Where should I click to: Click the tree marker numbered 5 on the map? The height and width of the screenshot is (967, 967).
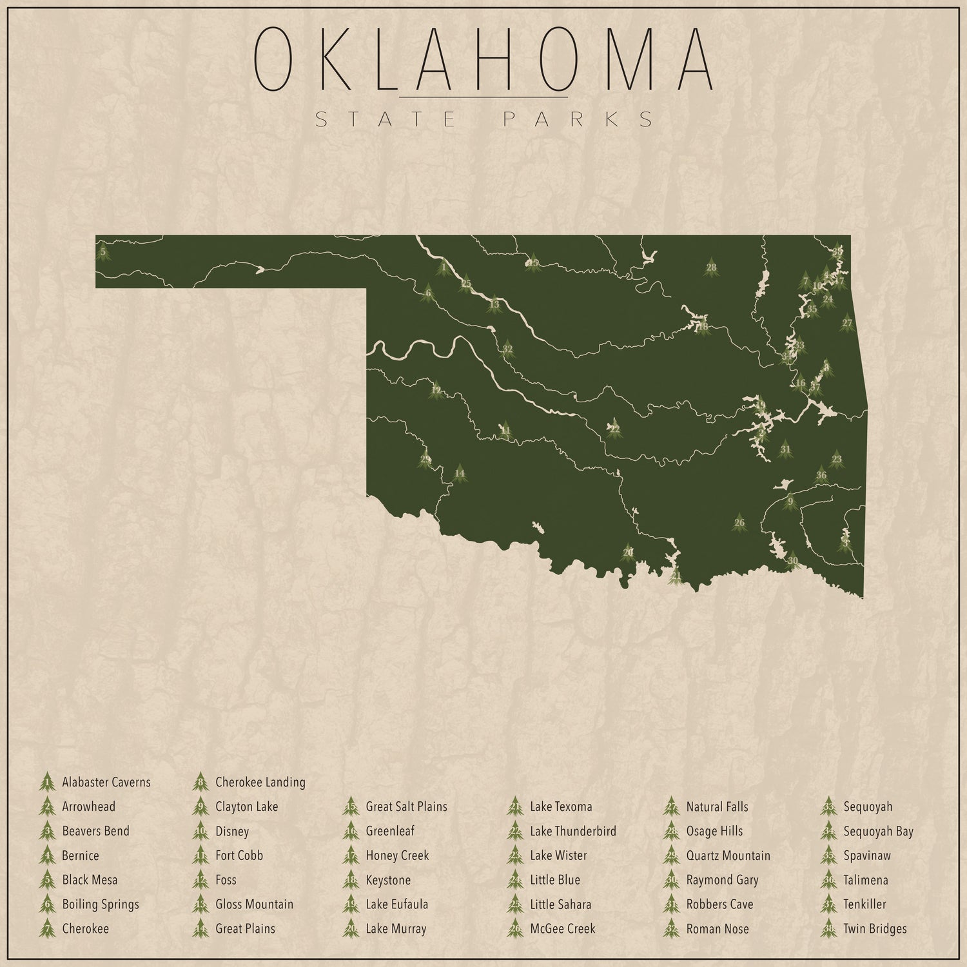click(x=103, y=251)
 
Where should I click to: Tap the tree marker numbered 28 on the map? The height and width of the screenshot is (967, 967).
click(x=711, y=267)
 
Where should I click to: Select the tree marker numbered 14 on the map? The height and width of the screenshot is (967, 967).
click(x=459, y=474)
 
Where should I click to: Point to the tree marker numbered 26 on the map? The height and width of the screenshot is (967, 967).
click(x=739, y=523)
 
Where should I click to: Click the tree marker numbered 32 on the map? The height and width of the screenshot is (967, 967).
click(x=507, y=349)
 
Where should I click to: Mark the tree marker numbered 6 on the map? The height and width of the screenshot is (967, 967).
click(x=428, y=294)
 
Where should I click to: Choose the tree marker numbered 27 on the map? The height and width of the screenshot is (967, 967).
click(x=847, y=323)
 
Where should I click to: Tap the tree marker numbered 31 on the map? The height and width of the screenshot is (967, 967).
click(x=785, y=449)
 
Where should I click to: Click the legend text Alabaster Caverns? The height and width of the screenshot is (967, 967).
click(x=106, y=782)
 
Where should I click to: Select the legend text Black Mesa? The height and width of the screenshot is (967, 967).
click(x=90, y=880)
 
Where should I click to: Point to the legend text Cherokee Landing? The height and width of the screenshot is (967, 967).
click(x=260, y=782)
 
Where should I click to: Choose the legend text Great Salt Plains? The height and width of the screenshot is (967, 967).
click(x=406, y=806)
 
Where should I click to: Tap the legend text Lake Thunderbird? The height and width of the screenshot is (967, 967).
click(x=572, y=831)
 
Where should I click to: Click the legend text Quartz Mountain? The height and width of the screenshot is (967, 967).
click(x=728, y=855)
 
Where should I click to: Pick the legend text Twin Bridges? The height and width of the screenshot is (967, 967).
click(x=875, y=929)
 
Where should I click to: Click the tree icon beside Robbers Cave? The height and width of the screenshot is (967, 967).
click(x=671, y=904)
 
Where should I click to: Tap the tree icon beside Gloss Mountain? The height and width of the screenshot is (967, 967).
click(x=200, y=904)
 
